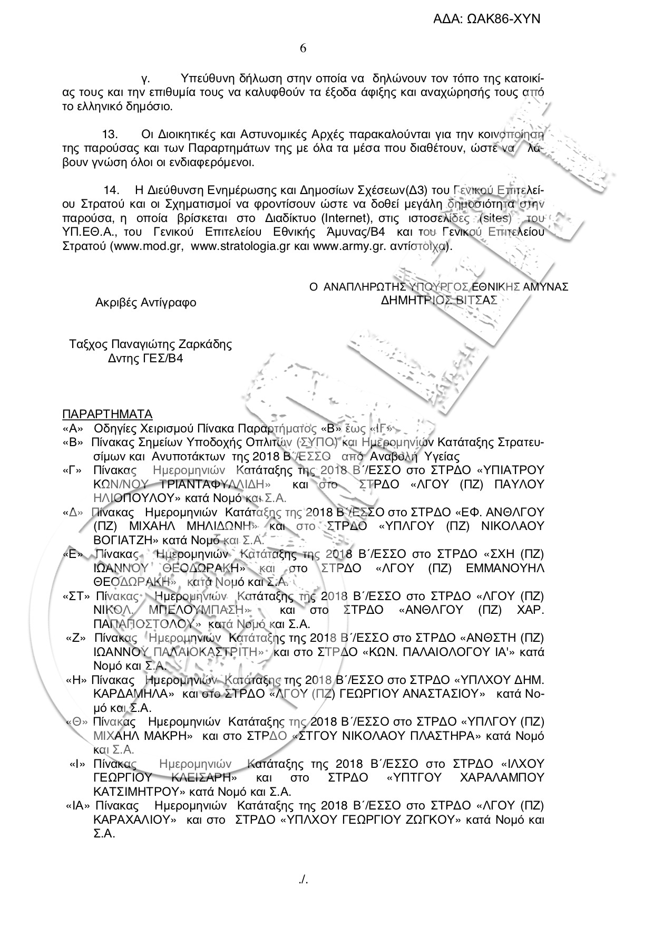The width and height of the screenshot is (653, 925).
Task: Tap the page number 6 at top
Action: [303, 49]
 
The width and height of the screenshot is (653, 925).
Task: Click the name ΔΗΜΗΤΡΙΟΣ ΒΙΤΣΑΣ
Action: [438, 300]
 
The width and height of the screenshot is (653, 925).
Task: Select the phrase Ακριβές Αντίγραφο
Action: [145, 303]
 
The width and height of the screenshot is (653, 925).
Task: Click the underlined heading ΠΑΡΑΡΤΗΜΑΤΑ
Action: [107, 413]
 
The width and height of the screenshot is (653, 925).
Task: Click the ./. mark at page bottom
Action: [303, 880]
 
